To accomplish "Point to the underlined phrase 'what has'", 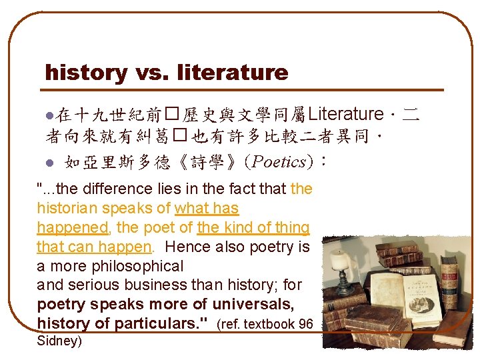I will [x=207, y=209].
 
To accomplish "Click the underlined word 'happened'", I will [x=73, y=228].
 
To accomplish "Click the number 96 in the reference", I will [x=305, y=325].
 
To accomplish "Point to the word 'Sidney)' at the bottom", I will [x=59, y=341].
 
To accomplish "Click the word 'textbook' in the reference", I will [x=275, y=325].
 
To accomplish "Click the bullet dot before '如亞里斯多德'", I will [x=48, y=162].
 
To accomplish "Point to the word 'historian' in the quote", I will [x=67, y=209].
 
